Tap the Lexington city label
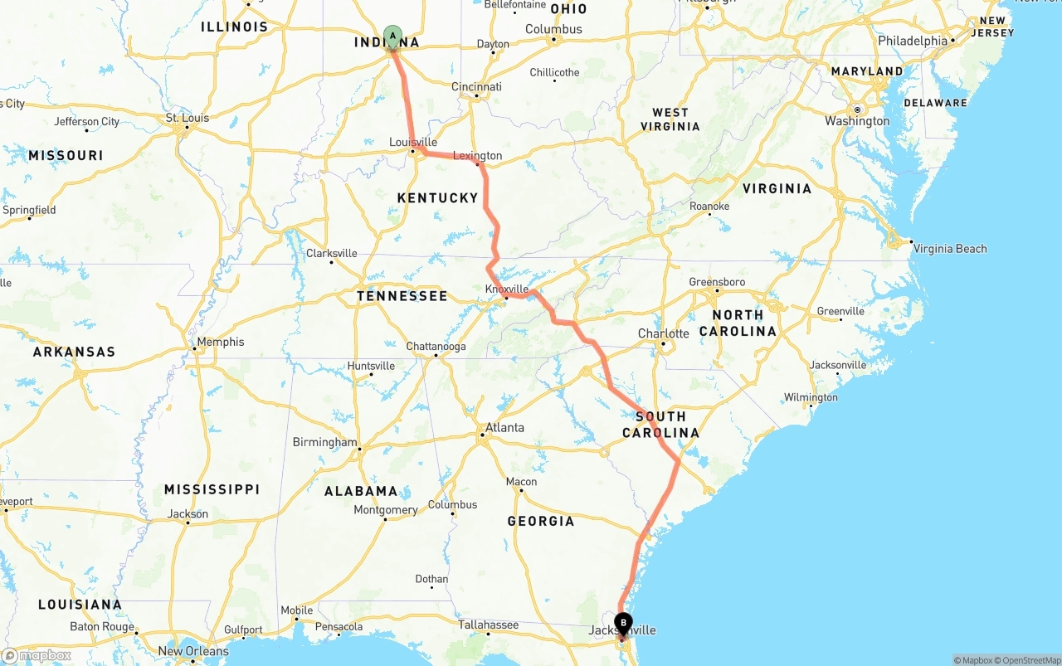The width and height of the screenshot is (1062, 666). point(477,156)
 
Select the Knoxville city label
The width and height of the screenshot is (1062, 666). point(507,289)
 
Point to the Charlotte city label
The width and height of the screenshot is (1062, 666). point(663,333)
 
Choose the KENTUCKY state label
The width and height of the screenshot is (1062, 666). point(437,197)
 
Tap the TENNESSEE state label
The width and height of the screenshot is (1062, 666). point(402,296)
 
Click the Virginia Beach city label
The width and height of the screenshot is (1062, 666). point(949,249)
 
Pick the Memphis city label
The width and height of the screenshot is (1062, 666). point(221,342)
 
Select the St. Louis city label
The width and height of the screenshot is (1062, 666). point(188,118)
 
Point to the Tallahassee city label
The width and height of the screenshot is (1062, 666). point(488,625)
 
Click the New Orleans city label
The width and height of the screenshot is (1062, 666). point(193,651)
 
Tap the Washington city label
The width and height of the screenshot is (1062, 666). point(857,121)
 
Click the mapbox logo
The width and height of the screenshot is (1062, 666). point(37,655)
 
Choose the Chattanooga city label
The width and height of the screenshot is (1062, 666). point(436,347)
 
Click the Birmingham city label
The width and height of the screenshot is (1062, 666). point(325,442)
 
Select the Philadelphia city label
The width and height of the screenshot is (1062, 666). point(913,41)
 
